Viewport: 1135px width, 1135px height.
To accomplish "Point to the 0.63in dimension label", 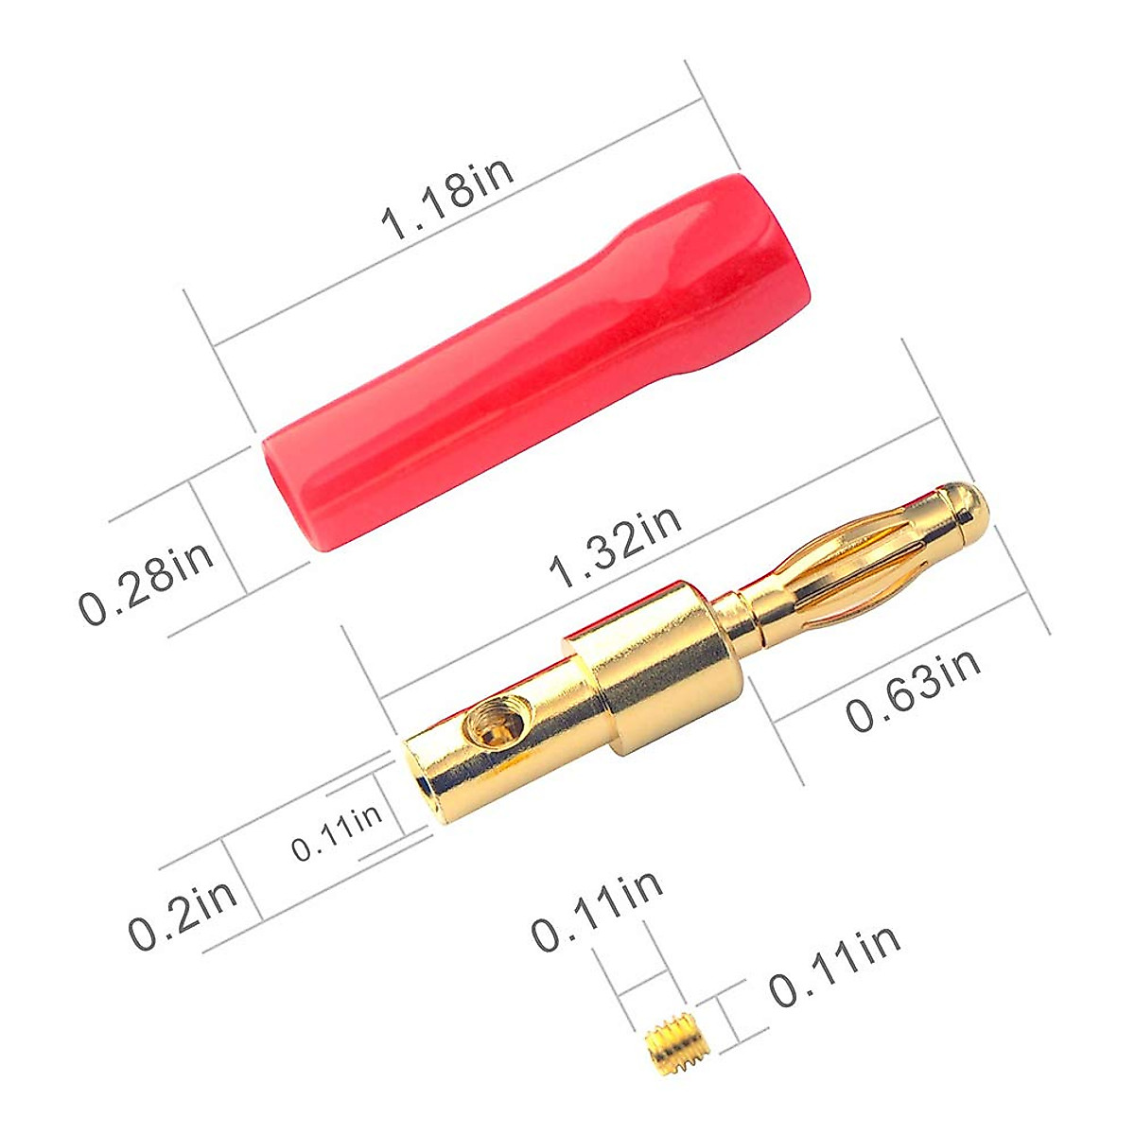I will (913, 688).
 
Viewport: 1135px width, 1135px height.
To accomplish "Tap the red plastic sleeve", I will (539, 359).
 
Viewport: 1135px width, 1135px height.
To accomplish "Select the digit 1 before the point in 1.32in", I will (561, 572).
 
